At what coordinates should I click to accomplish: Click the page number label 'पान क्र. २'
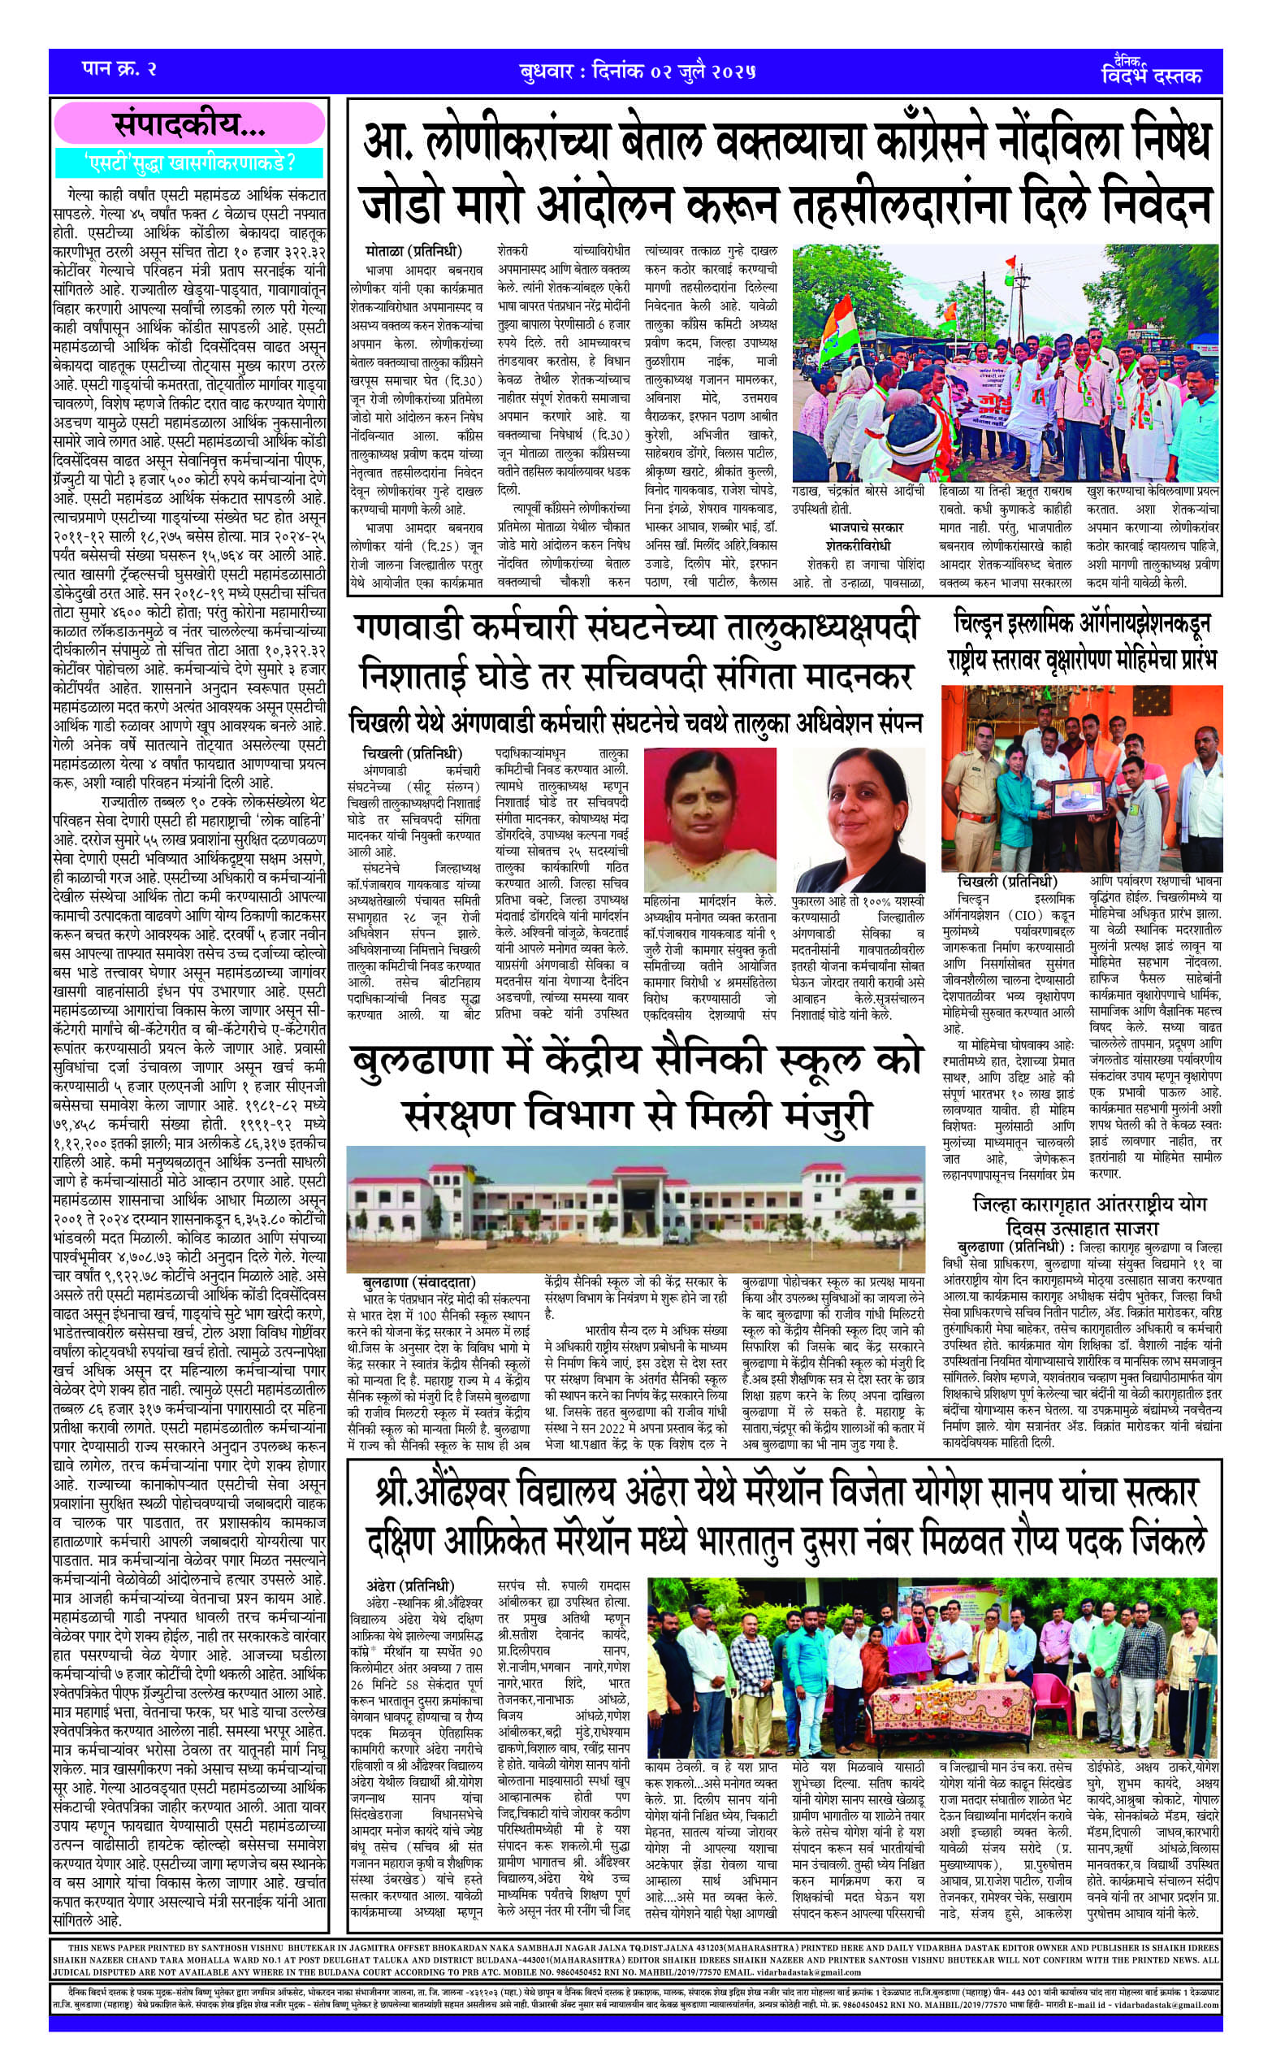120,69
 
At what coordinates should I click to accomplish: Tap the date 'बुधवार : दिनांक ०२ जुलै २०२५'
637,71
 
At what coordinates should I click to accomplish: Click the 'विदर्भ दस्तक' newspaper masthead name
1150,76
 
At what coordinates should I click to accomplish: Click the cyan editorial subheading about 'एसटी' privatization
189,160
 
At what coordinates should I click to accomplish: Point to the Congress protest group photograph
1006,362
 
